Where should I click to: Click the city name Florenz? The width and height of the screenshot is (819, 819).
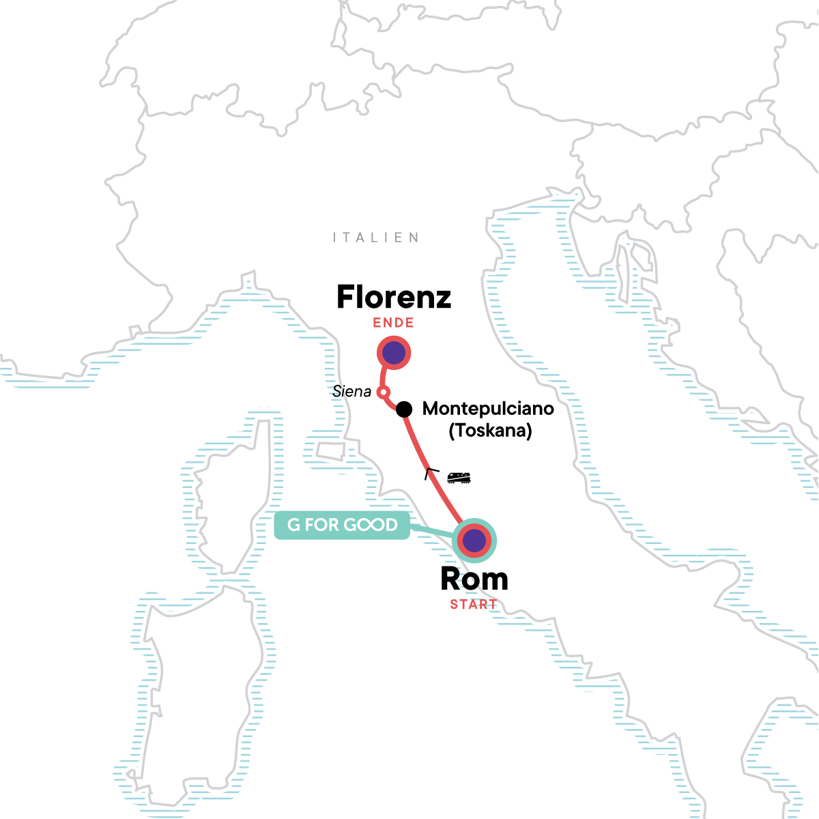pos(394,298)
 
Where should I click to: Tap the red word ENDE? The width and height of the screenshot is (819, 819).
pos(393,323)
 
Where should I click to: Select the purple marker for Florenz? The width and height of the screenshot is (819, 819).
pos(394,353)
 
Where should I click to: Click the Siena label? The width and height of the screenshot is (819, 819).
pos(351,391)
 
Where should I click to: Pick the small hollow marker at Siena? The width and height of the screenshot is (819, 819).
pos(384,392)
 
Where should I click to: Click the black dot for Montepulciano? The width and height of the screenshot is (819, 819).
pos(404,409)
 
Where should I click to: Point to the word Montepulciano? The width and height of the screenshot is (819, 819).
pos(488,409)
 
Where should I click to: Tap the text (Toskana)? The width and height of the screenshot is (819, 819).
pos(490,431)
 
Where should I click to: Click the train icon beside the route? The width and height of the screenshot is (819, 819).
pos(459,478)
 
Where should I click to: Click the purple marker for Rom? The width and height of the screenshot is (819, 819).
pos(474,541)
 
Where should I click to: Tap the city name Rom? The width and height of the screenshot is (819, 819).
pos(474,579)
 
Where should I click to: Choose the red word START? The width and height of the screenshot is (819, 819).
pos(474,605)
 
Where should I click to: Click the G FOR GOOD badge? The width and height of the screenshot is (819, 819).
pos(342,525)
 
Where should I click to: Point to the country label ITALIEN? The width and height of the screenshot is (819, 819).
pos(376,238)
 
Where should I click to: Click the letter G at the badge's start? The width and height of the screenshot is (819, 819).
pos(294,525)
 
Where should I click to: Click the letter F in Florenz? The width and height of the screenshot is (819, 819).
pos(347,298)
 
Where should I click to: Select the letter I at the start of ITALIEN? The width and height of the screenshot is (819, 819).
pos(335,238)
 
